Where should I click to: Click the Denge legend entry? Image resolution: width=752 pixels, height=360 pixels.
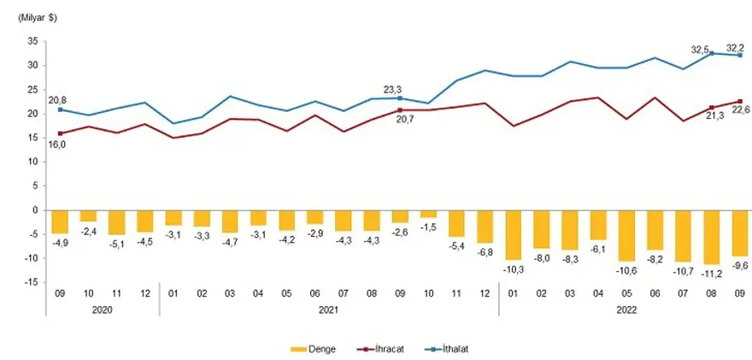click(315, 349)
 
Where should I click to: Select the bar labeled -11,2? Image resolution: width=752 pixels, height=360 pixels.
click(712, 237)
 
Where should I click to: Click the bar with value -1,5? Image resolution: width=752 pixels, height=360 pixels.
click(428, 214)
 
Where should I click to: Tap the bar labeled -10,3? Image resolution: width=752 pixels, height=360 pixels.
click(514, 234)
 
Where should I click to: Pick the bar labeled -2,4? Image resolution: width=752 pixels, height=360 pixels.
click(88, 215)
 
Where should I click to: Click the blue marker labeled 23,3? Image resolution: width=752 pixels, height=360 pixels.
click(400, 97)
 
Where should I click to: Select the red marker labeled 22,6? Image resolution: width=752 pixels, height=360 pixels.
click(740, 101)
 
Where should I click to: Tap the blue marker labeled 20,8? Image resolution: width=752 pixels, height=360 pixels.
click(60, 109)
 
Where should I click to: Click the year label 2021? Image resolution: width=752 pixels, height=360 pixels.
click(329, 312)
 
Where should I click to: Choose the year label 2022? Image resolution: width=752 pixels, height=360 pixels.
click(626, 312)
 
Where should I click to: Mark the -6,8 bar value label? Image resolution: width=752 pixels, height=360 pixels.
click(485, 252)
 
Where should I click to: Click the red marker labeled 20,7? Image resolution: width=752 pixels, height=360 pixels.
click(400, 110)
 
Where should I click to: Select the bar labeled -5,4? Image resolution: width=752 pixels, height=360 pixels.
click(456, 223)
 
